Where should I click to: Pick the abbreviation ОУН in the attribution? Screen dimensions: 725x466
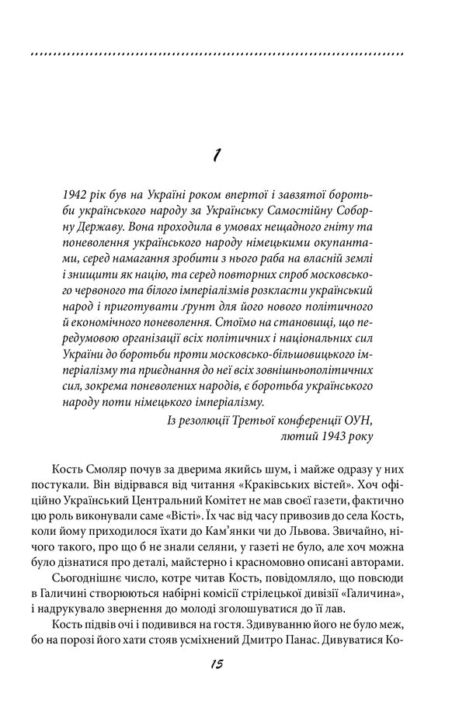359,420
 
